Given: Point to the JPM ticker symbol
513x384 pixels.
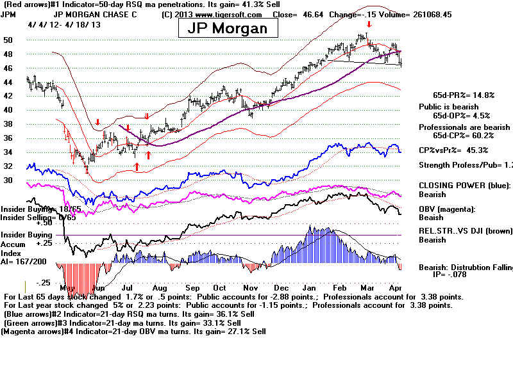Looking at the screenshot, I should (x=8, y=13).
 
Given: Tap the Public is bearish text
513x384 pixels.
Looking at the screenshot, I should (x=446, y=106).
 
